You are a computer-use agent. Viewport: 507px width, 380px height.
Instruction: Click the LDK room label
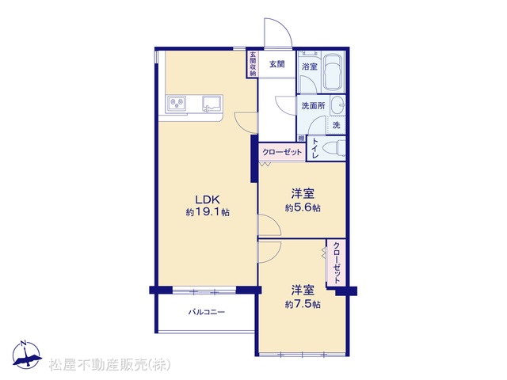click(208, 199)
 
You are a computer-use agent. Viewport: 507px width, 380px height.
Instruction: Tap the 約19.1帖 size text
click(208, 212)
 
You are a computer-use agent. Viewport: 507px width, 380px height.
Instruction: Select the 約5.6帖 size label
click(303, 207)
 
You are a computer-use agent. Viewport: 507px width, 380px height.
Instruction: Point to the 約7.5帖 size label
click(303, 304)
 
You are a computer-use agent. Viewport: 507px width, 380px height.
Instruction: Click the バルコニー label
click(207, 312)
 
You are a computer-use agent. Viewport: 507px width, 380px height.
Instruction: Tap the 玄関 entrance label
click(277, 64)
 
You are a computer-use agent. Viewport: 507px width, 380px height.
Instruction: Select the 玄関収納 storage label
click(253, 64)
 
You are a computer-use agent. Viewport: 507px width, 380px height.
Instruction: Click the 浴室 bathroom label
click(310, 66)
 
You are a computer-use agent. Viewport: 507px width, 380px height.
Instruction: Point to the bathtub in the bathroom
click(334, 73)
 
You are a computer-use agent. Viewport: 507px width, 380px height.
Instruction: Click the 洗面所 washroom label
click(313, 105)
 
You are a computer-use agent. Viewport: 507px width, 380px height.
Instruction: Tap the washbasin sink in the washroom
click(338, 105)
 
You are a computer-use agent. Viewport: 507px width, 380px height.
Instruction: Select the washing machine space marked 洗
click(336, 125)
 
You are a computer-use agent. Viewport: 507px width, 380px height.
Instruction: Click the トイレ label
click(314, 149)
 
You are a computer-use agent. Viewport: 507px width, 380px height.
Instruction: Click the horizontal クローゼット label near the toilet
click(282, 152)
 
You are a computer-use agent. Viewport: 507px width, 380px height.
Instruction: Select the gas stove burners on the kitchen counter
click(177, 104)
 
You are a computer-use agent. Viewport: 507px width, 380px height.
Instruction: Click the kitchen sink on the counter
click(212, 104)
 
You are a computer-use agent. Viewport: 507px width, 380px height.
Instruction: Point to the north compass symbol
click(27, 355)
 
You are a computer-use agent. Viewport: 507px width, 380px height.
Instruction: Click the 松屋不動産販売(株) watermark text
click(110, 365)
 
